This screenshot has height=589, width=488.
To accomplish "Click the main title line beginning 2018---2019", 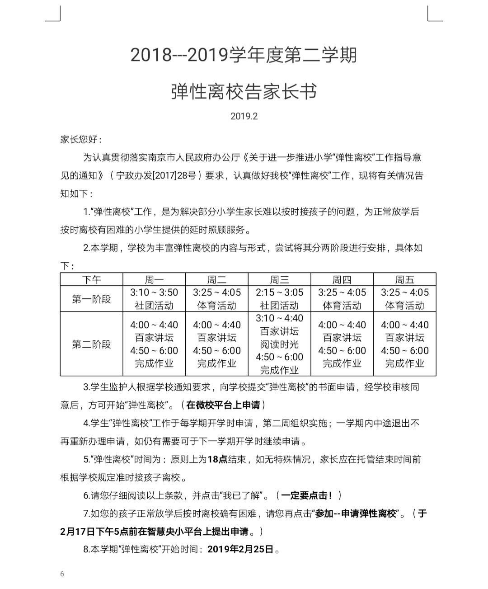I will (244, 55).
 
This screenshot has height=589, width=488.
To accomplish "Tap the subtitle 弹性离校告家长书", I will (244, 92).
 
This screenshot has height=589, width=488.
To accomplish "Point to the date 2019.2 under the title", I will (244, 116).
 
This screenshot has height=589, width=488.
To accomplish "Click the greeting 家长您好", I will (81, 139).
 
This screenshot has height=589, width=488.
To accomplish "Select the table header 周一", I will (154, 280).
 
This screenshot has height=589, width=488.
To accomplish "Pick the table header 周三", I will (279, 280).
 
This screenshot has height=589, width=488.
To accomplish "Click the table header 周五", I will (404, 280).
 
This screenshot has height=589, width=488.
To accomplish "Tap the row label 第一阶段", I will (91, 299).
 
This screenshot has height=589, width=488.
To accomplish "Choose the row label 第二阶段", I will (91, 344).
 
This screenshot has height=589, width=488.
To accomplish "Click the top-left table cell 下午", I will (91, 280).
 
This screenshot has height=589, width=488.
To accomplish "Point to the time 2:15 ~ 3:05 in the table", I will (279, 292).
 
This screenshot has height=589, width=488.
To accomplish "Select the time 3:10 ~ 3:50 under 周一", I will (154, 292).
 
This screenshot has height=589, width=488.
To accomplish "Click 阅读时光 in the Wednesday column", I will (279, 344).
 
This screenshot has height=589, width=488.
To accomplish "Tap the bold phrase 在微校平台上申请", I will (223, 405).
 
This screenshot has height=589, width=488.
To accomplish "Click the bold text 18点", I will (217, 459).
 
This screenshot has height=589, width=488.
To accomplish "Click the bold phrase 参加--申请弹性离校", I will (356, 514).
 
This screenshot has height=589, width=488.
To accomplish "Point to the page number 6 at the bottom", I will (62, 574).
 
